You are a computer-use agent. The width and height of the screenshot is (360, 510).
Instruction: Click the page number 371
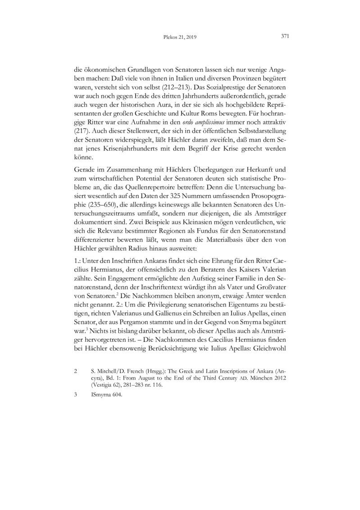pos(284,37)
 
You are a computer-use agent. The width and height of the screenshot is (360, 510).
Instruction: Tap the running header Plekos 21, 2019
pos(180,37)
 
